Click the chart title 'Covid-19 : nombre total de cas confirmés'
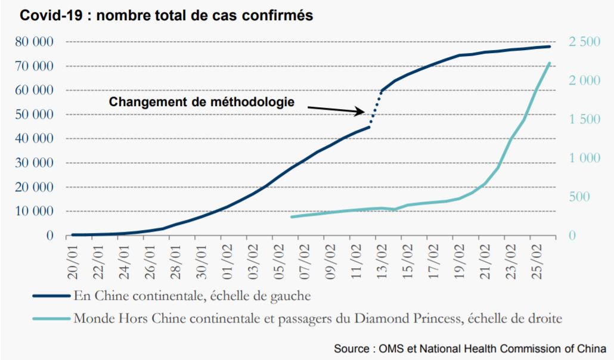click(x=166, y=15)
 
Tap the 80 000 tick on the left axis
click(x=35, y=42)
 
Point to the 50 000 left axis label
click(x=35, y=114)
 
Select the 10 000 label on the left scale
click(x=35, y=211)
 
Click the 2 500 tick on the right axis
click(x=584, y=42)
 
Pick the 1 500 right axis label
click(x=584, y=119)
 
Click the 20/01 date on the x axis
click(x=73, y=262)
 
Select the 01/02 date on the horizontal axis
click(x=228, y=262)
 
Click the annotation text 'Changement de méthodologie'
click(x=201, y=102)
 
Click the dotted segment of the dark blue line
click(x=375, y=108)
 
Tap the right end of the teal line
click(x=550, y=63)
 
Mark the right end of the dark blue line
click(x=550, y=46)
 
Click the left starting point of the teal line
click(x=292, y=216)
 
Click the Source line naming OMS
click(x=470, y=348)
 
